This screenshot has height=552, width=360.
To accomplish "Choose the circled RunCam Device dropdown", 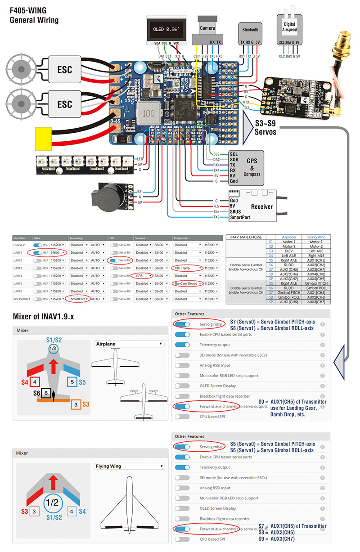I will [x=187, y=283].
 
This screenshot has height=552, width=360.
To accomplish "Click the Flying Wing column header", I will [x=316, y=237].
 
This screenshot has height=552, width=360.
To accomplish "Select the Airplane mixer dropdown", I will [x=128, y=344].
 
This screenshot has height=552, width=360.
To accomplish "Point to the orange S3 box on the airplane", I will [x=76, y=404].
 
